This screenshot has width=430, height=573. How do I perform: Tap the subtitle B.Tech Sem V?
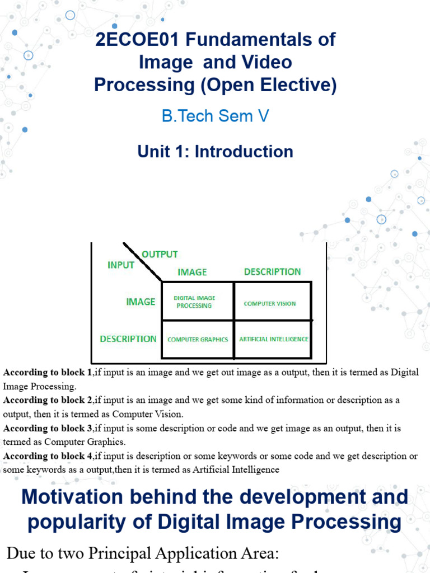pyautogui.click(x=216, y=116)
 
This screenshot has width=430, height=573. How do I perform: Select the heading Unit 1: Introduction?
pyautogui.click(x=216, y=151)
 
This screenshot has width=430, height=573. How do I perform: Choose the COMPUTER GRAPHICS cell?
pyautogui.click(x=198, y=339)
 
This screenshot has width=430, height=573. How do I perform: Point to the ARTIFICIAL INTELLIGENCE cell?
pyautogui.click(x=273, y=339)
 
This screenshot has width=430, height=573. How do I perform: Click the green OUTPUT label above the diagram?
pyautogui.click(x=160, y=254)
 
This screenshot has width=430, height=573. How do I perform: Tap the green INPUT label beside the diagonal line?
pyautogui.click(x=121, y=265)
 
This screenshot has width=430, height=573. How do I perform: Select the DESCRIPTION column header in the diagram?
pyautogui.click(x=272, y=272)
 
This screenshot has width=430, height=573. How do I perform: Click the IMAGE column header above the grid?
pyautogui.click(x=192, y=272)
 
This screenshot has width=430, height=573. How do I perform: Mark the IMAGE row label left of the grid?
pyautogui.click(x=141, y=302)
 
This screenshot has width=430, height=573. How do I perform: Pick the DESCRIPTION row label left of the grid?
pyautogui.click(x=128, y=339)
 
